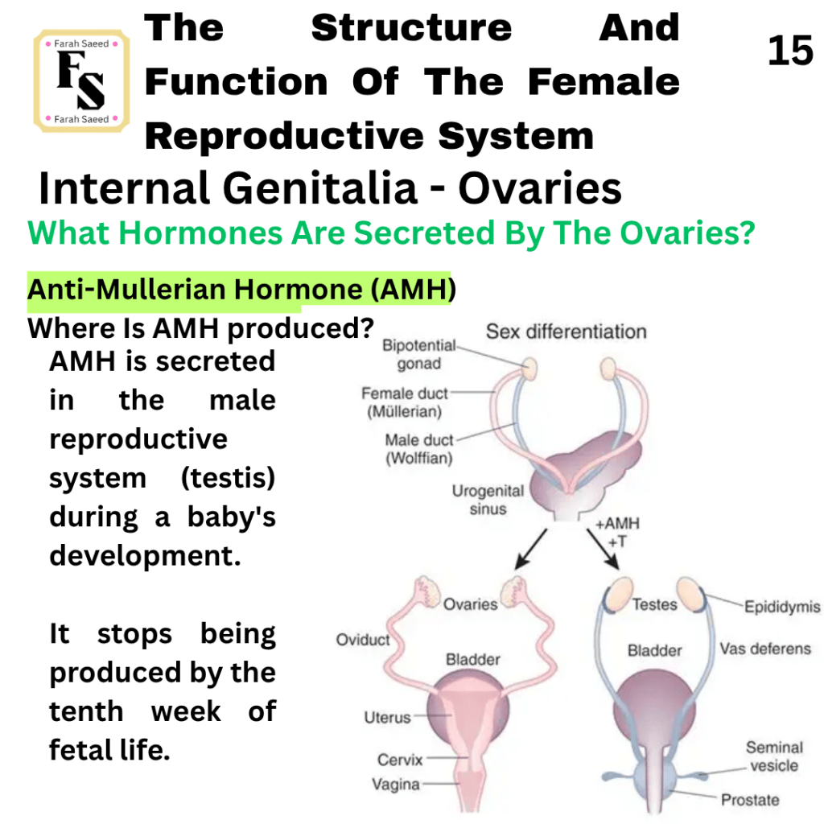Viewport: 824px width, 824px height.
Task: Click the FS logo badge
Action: (x=81, y=81)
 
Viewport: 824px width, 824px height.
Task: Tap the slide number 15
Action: (x=790, y=51)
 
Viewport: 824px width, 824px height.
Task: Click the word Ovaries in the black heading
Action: (x=540, y=188)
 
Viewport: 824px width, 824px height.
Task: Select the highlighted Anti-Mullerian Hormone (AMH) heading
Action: (x=241, y=290)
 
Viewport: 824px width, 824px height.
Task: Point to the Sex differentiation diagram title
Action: (x=566, y=332)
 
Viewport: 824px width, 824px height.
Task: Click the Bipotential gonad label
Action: (x=418, y=354)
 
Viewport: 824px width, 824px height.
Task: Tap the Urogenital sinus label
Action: (x=488, y=500)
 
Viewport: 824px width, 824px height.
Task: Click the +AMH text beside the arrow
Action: (x=617, y=523)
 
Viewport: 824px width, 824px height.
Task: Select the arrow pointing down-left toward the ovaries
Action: (x=531, y=549)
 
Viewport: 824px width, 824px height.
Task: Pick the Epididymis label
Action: (x=782, y=607)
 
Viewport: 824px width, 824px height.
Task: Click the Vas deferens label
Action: (x=765, y=649)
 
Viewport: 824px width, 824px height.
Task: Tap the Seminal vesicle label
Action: (x=774, y=756)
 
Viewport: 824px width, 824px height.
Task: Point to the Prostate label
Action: (x=750, y=800)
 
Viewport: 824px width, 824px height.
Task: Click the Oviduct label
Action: (x=363, y=640)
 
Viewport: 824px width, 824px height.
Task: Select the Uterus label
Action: (x=387, y=717)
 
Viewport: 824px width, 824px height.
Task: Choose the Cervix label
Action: (x=400, y=760)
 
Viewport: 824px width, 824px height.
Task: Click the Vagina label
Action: (x=396, y=785)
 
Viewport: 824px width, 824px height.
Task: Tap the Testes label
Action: (x=654, y=604)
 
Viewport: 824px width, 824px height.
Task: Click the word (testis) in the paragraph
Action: (x=228, y=478)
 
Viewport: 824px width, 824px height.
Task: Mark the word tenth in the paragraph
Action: (x=86, y=711)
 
